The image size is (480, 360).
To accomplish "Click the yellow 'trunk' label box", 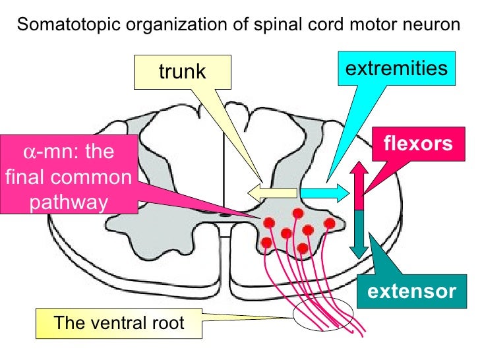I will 182,72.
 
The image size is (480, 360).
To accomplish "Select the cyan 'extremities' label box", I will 397,69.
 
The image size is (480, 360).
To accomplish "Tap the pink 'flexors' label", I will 419,143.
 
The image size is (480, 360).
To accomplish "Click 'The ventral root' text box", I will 118,323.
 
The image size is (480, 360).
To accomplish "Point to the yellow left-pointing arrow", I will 272,192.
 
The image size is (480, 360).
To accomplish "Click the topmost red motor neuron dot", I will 298,213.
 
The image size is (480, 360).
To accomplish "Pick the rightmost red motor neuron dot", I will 330,224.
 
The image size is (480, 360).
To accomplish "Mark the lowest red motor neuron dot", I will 303,248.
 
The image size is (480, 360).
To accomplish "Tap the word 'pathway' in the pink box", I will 69,202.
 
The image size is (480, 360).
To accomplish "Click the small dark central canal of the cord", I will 226,214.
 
